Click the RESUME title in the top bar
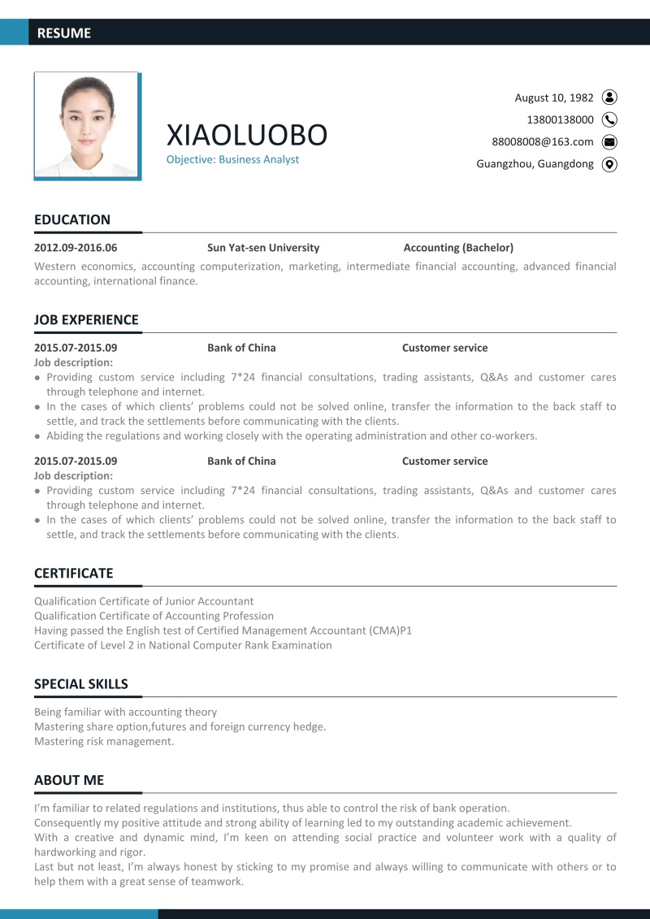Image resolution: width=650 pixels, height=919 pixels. (x=64, y=33)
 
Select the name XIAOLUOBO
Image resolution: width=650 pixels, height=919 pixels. (x=246, y=135)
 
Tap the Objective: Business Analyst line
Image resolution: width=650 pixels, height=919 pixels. (x=232, y=160)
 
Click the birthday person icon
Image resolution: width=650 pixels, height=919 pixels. (x=609, y=98)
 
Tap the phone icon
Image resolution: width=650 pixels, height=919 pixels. (x=609, y=119)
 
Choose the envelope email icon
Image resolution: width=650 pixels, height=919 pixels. (x=609, y=141)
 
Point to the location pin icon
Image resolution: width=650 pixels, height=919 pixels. (x=609, y=164)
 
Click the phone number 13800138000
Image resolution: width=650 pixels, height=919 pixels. (x=560, y=119)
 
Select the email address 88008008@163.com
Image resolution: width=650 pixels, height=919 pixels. (x=543, y=141)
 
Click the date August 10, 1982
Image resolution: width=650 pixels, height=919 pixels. (x=554, y=98)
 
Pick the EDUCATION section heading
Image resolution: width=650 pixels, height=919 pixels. (x=72, y=220)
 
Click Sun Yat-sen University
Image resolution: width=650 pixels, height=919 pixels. (x=263, y=248)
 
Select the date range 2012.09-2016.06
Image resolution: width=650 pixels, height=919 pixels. (x=76, y=248)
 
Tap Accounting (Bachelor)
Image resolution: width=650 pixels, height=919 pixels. (x=458, y=248)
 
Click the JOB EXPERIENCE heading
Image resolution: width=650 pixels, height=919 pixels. (x=86, y=320)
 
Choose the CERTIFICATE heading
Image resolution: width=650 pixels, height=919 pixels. (x=73, y=574)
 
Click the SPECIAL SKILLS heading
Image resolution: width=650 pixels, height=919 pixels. (x=81, y=684)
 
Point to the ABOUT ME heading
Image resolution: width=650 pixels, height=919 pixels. (x=69, y=781)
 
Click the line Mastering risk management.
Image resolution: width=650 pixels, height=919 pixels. (x=104, y=741)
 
